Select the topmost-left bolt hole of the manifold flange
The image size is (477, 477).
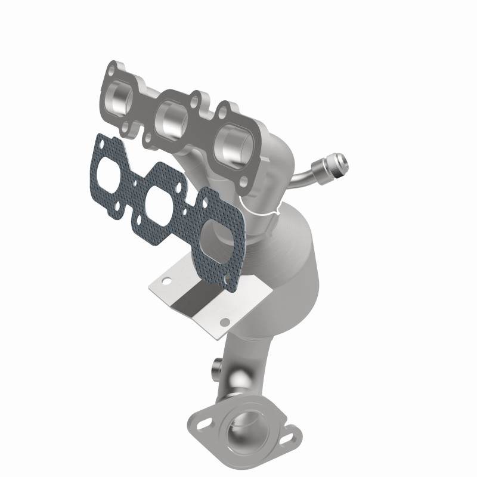(x=112, y=69)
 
